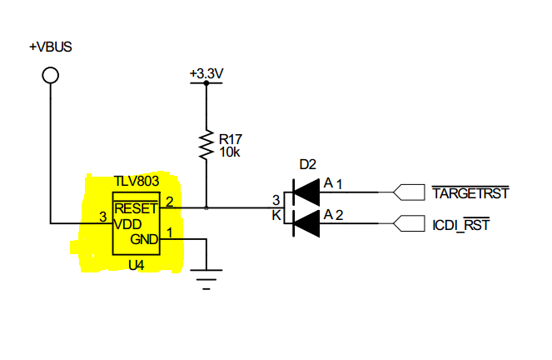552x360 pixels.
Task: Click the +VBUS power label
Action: (50, 47)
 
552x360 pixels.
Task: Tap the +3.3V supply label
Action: (206, 73)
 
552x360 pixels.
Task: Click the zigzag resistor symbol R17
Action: (206, 145)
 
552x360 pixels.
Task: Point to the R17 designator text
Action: (231, 139)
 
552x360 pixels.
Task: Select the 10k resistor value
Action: (230, 152)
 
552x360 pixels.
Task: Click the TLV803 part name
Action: (137, 181)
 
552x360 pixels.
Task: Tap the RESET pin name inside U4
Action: (136, 208)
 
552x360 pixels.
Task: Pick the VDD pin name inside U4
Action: (127, 224)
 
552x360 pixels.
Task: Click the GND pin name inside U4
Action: (144, 239)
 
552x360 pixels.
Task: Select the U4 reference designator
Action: (137, 265)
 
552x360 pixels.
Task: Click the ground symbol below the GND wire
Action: (206, 279)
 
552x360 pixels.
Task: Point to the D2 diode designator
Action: (308, 164)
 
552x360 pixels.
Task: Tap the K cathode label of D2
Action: (276, 215)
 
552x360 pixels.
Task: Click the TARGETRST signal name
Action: (470, 193)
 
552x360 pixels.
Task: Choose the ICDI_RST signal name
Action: (460, 225)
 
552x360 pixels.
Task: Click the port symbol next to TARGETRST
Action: (409, 192)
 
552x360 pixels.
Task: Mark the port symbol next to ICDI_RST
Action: (409, 223)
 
